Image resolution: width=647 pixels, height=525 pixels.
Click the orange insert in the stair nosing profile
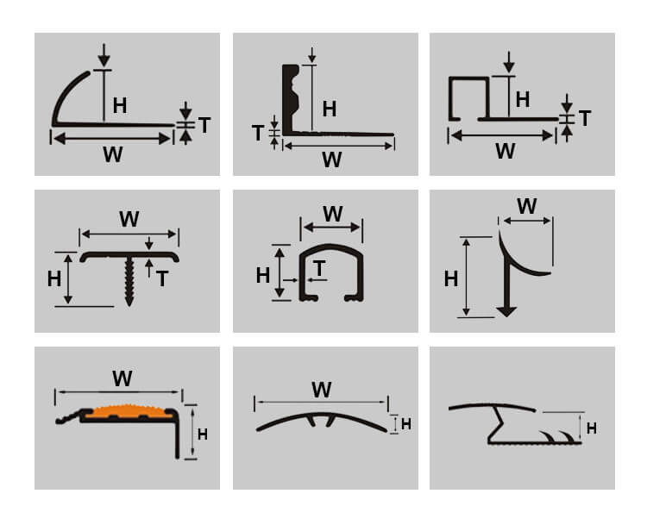tap(129, 411)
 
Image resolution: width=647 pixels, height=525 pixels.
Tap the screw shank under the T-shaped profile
tap(129, 281)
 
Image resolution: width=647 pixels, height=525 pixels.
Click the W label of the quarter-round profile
tap(113, 154)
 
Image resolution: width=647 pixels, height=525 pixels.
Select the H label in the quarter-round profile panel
tap(120, 106)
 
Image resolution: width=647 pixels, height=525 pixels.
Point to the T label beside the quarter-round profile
tap(204, 125)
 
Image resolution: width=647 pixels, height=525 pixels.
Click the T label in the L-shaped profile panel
tap(258, 134)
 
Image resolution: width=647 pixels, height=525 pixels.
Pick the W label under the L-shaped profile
tap(332, 159)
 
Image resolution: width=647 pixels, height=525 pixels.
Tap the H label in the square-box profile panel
tap(523, 99)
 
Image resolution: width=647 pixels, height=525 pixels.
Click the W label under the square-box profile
tap(506, 152)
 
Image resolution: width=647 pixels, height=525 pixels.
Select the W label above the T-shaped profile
tap(129, 219)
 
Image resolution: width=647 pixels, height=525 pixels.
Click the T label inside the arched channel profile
tap(319, 269)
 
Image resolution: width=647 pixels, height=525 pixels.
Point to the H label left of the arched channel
tap(263, 276)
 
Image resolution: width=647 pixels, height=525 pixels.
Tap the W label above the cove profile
tap(527, 206)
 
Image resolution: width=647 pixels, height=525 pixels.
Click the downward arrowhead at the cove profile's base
tap(506, 312)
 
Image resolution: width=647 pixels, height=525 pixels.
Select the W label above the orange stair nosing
tap(122, 378)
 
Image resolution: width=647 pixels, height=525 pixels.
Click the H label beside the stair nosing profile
tap(202, 434)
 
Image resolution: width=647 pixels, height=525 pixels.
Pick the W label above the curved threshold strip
tap(322, 390)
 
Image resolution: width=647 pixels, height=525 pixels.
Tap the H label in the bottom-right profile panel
tap(591, 428)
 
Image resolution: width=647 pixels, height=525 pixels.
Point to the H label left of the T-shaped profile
tap(54, 279)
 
